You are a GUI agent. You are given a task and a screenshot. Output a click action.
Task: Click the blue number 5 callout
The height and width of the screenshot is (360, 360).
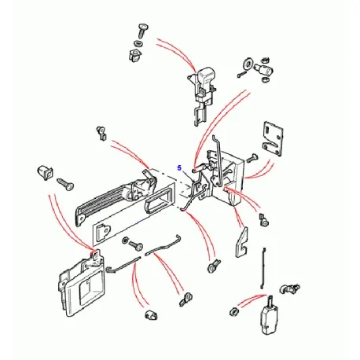(179, 167)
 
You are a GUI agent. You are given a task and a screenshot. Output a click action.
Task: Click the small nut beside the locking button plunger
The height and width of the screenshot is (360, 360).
(234, 313)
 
